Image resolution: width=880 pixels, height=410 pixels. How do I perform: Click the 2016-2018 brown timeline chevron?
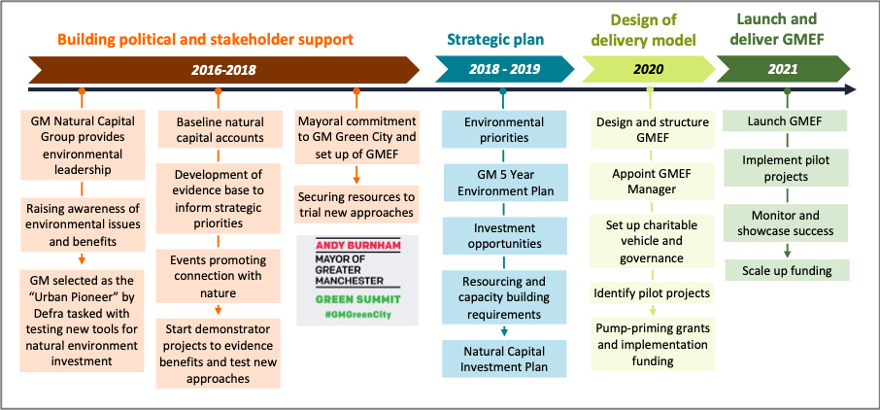point(223,70)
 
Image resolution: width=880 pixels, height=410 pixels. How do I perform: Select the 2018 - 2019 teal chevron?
point(502,70)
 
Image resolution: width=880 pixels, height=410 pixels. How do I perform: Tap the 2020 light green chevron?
point(648,70)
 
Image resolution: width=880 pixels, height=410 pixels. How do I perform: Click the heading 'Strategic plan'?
point(495,40)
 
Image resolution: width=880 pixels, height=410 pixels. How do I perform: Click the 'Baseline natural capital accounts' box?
point(220,130)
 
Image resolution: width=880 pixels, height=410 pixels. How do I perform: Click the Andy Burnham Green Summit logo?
point(356,280)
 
